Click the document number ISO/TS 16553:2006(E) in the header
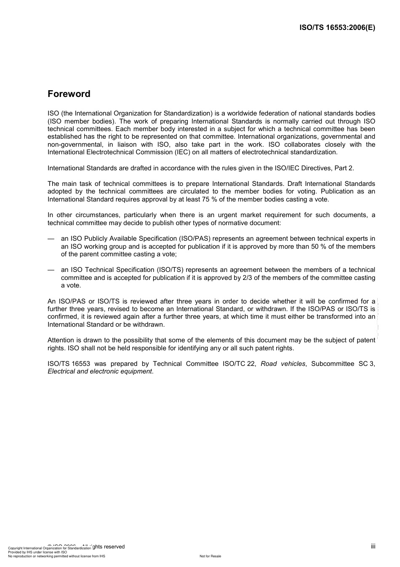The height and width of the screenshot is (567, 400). pyautogui.click(x=337, y=28)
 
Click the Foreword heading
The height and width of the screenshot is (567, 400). pyautogui.click(x=69, y=94)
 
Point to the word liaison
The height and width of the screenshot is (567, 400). pyautogui.click(x=124, y=145)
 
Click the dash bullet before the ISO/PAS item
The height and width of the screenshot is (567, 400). pyautogui.click(x=51, y=239)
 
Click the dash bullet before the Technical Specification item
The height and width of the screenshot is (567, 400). pyautogui.click(x=51, y=270)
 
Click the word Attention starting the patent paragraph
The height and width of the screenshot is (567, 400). pyautogui.click(x=61, y=340)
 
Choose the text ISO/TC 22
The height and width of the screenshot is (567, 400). pyautogui.click(x=239, y=363)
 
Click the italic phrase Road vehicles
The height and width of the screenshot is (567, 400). pyautogui.click(x=283, y=363)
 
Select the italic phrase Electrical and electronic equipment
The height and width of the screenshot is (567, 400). pyautogui.click(x=100, y=371)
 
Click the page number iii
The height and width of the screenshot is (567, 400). pyautogui.click(x=373, y=546)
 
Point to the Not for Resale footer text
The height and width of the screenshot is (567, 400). pyautogui.click(x=210, y=556)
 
